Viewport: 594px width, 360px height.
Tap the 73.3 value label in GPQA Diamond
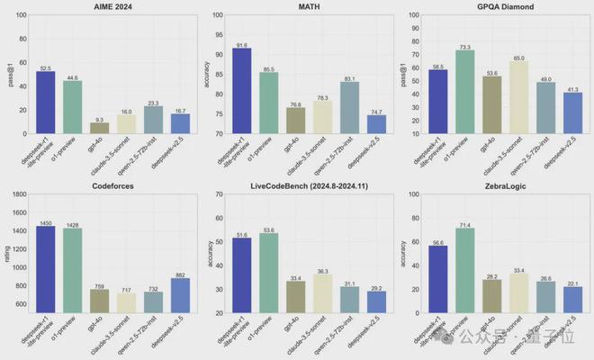[x=463, y=46]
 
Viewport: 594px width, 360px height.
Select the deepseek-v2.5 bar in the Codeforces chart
[x=180, y=283]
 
